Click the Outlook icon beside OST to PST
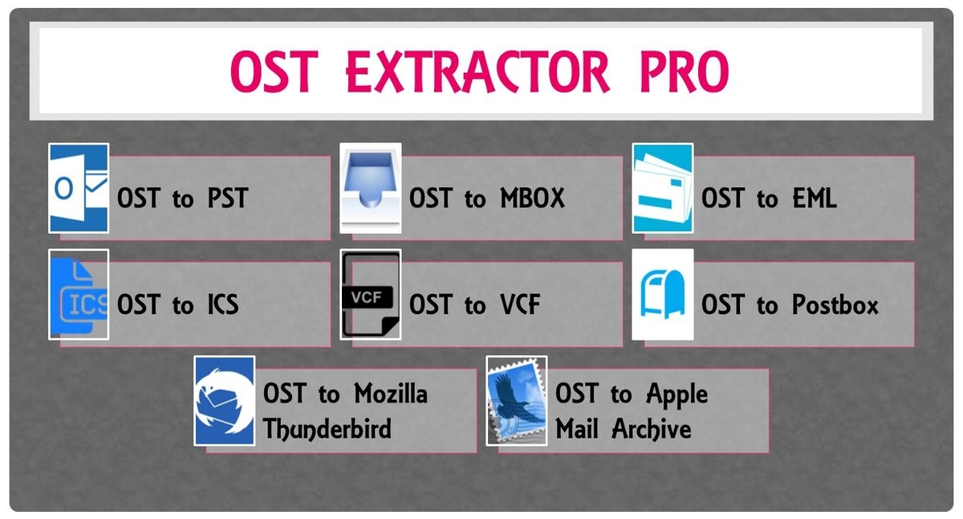click(x=79, y=188)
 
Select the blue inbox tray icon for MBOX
click(x=370, y=188)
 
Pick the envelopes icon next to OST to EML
click(x=662, y=188)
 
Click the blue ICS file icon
click(x=79, y=294)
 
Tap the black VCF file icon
click(x=370, y=294)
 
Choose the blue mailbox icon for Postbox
click(x=662, y=294)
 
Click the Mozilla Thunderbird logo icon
click(x=225, y=400)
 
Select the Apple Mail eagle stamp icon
click(x=516, y=400)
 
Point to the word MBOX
click(x=532, y=198)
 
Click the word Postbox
click(x=835, y=304)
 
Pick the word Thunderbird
click(x=327, y=429)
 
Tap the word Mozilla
click(x=390, y=394)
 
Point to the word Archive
click(x=652, y=429)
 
